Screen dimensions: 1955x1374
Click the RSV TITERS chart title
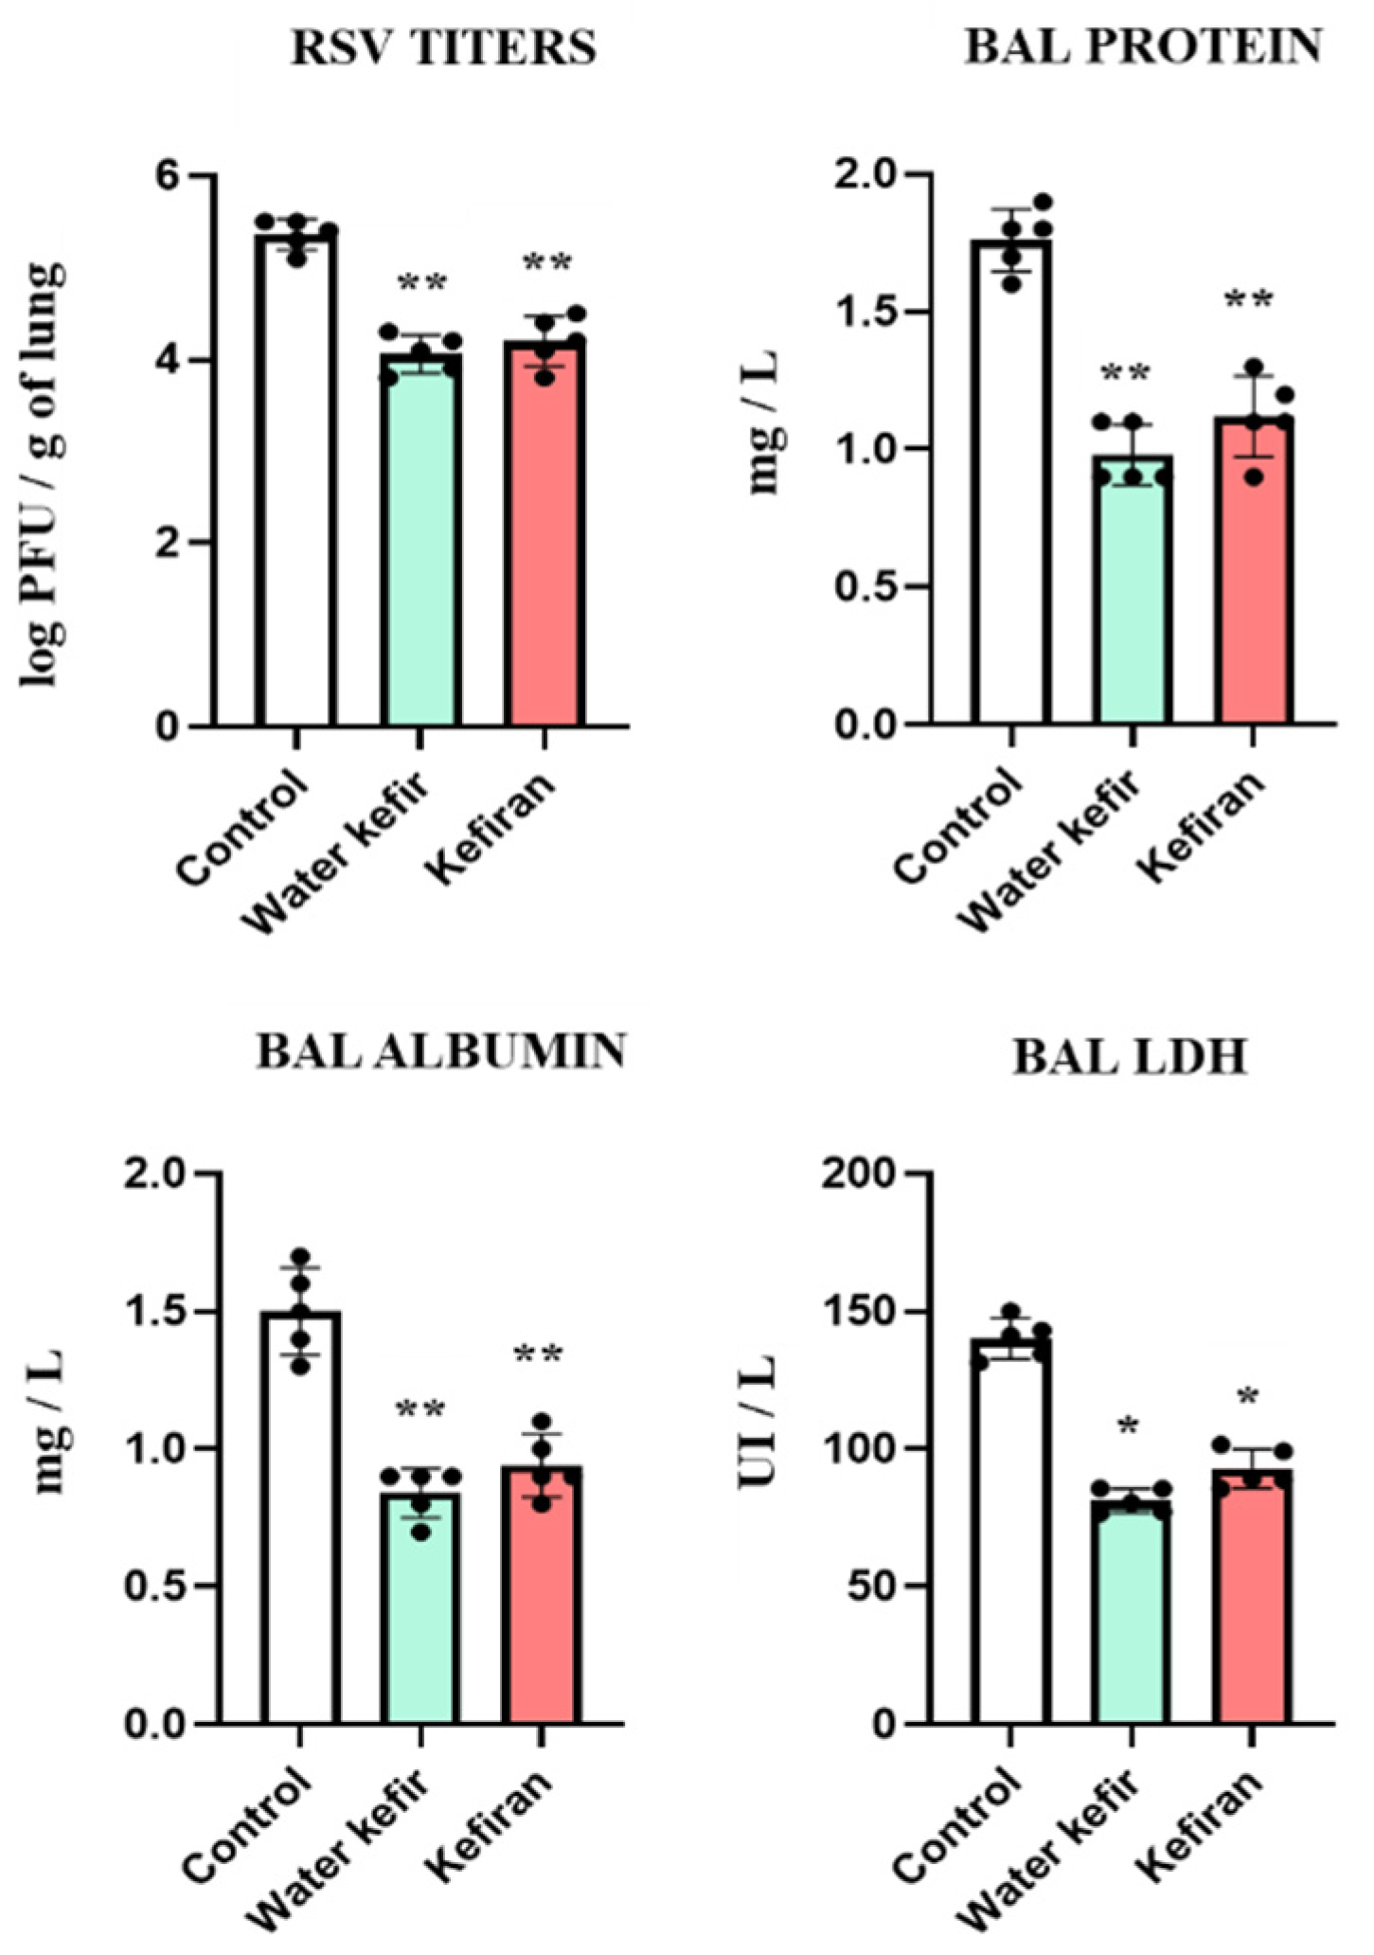click(443, 47)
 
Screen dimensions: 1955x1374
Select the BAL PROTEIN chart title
click(1143, 45)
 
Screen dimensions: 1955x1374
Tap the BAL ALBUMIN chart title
click(441, 1051)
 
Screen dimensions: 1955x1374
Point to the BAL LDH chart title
click(1131, 1058)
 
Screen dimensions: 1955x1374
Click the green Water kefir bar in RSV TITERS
click(420, 549)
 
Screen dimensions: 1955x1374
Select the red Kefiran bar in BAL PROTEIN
click(1253, 578)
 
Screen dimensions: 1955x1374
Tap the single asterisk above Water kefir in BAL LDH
click(1127, 1426)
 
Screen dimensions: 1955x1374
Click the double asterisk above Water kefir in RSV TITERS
click(421, 282)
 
